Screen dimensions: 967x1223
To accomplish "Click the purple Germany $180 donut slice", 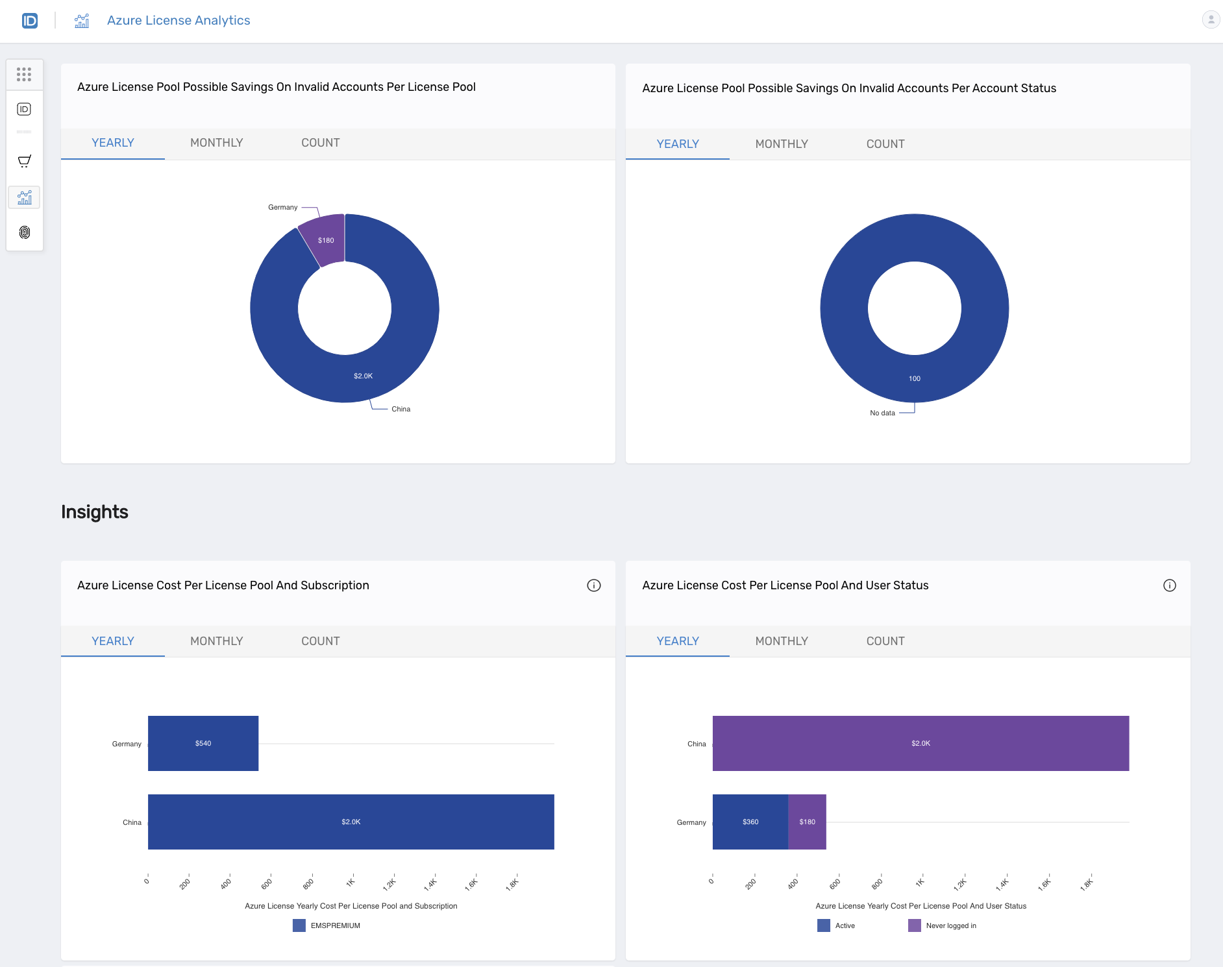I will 325,239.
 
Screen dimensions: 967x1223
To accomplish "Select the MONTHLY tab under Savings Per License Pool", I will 216,143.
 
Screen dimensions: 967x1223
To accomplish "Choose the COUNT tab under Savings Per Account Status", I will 885,144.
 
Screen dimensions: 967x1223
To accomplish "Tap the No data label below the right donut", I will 882,413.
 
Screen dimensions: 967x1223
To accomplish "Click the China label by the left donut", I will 401,409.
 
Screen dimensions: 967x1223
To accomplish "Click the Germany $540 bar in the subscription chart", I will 203,743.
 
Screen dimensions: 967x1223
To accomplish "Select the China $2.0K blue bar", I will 351,822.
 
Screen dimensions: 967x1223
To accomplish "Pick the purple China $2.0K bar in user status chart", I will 920,743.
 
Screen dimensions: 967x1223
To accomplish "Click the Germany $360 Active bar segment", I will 750,822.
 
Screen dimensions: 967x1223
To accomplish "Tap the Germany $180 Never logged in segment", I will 807,822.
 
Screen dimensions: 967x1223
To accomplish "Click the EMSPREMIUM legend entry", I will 327,925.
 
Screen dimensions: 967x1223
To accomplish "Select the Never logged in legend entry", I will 943,925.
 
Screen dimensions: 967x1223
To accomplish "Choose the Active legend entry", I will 837,925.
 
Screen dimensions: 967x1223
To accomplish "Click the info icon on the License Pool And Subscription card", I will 593,585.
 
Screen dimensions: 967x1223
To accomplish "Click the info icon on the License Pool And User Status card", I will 1169,585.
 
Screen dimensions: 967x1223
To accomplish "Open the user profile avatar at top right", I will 1211,19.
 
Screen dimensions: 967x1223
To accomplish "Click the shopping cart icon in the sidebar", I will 25,161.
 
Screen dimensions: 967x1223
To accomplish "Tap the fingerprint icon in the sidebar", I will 25,232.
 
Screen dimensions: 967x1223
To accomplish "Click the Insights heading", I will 95,512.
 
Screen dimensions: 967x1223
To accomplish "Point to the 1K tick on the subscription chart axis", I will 351,882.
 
